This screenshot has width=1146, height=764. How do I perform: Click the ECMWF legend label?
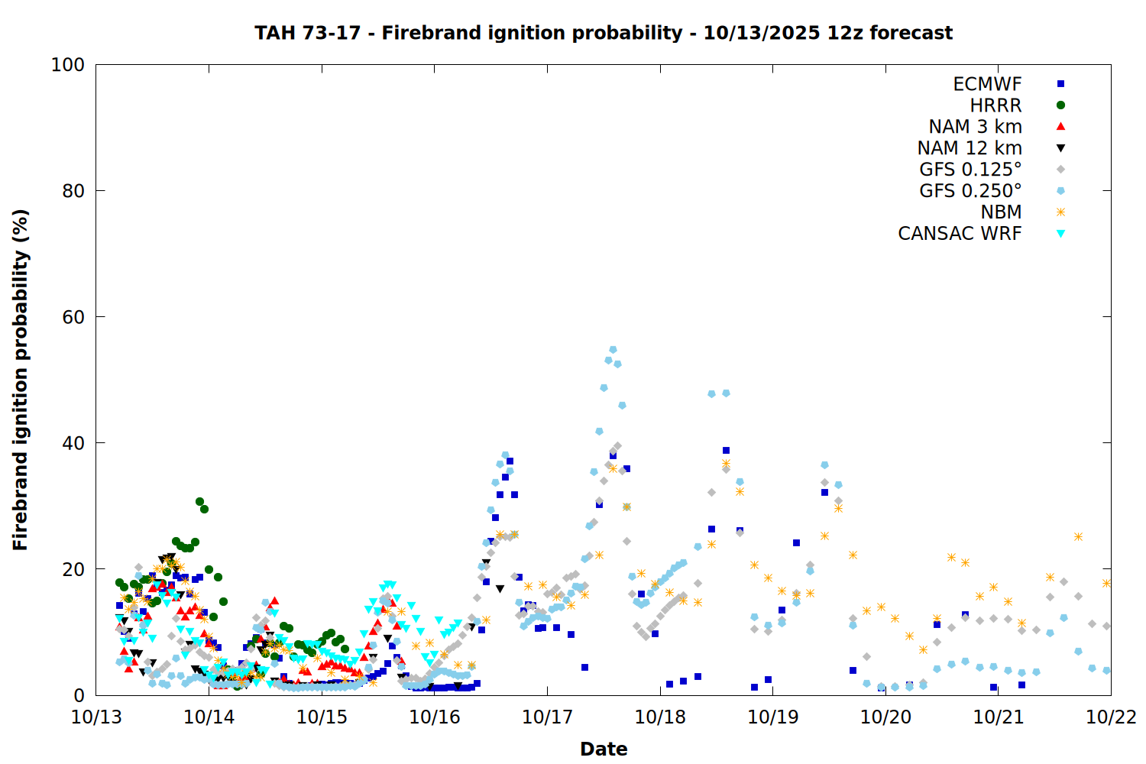click(x=987, y=84)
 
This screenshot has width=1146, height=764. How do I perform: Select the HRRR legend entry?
click(x=995, y=105)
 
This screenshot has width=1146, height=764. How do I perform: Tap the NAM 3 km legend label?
click(x=975, y=127)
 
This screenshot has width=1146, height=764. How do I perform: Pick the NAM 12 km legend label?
click(x=970, y=148)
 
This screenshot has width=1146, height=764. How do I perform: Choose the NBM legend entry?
click(x=1001, y=212)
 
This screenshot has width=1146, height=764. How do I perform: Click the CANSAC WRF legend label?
click(x=960, y=234)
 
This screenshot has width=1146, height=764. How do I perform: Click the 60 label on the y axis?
click(x=73, y=317)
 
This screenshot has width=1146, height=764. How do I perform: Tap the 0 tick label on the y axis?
click(x=79, y=695)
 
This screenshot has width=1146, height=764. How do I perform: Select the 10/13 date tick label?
click(x=96, y=717)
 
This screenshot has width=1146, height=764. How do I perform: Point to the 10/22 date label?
click(x=1111, y=717)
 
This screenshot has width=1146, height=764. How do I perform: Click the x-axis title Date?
click(x=604, y=749)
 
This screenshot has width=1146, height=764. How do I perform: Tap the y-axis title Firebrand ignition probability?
click(x=21, y=380)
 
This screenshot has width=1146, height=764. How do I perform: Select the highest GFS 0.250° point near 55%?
click(x=613, y=350)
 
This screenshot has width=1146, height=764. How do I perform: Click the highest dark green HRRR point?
click(x=199, y=502)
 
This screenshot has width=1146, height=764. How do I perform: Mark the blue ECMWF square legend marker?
click(x=1060, y=84)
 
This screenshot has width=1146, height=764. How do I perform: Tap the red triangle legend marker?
click(x=1060, y=127)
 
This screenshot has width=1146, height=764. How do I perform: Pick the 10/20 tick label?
click(x=885, y=717)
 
